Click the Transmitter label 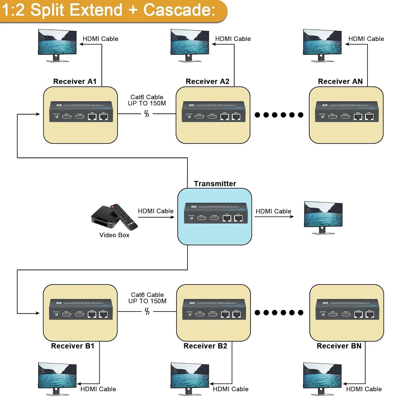click(x=215, y=184)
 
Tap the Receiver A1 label click(x=75, y=81)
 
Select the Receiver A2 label click(x=207, y=81)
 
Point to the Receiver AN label click(x=340, y=81)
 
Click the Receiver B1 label click(x=73, y=346)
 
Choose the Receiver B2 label click(x=205, y=346)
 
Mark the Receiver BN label click(x=339, y=346)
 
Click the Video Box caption click(x=114, y=235)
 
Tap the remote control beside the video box click(x=124, y=217)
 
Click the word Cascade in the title click(x=179, y=10)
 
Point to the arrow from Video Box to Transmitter click(x=156, y=217)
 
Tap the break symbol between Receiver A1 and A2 click(x=147, y=114)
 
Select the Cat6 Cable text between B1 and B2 click(x=147, y=295)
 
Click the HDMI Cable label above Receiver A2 click(x=233, y=39)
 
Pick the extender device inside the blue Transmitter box click(x=216, y=213)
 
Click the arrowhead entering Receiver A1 click(x=38, y=114)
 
